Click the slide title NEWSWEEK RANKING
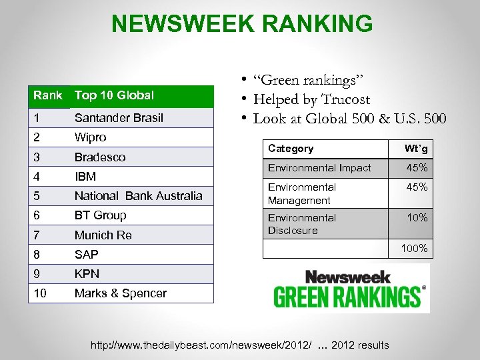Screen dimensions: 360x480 tap(242, 23)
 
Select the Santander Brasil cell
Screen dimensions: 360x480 tap(119, 118)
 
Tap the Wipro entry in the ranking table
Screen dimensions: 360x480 tap(91, 137)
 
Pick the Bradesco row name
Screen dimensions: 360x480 tap(100, 157)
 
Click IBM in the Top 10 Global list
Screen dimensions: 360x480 tap(85, 177)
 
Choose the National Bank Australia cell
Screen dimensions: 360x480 tap(138, 196)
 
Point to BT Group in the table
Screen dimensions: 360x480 tap(100, 215)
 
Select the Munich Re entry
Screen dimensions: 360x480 tap(103, 235)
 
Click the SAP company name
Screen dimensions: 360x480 tap(86, 255)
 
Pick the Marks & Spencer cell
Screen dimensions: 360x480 tap(121, 293)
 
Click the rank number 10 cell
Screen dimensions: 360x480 tap(41, 293)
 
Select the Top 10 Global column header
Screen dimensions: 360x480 tap(114, 95)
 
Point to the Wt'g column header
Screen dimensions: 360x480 tap(416, 149)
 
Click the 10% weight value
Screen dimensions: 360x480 tap(417, 218)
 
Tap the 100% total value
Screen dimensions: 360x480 tap(415, 249)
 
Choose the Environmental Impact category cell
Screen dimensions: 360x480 tap(319, 168)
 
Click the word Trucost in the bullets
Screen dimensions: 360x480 tap(344, 100)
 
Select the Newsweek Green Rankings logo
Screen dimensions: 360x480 tap(350, 288)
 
